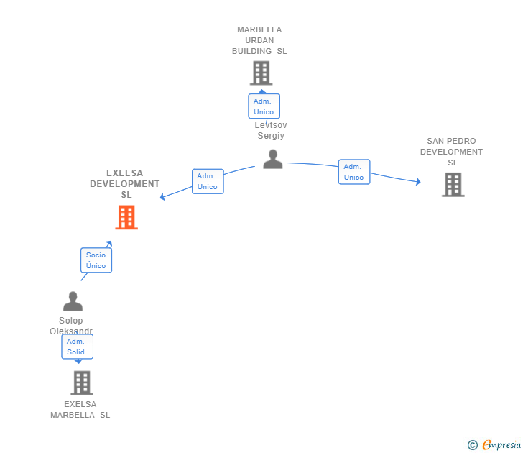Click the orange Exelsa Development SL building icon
click(x=126, y=217)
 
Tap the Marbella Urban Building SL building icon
click(x=261, y=73)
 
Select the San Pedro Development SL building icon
click(x=453, y=185)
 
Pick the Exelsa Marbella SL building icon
click(x=82, y=383)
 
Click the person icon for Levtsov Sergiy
click(x=273, y=159)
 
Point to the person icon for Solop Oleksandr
click(x=73, y=301)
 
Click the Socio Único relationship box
click(x=96, y=260)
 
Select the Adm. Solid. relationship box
click(x=77, y=347)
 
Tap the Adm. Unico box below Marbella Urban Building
click(x=264, y=106)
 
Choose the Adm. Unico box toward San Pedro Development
click(x=353, y=172)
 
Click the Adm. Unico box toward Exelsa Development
click(x=208, y=181)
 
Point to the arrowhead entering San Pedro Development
click(x=417, y=182)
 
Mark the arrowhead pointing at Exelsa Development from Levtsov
click(x=163, y=196)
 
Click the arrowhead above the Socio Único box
click(x=109, y=244)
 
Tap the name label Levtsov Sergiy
click(x=270, y=130)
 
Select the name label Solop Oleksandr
click(x=71, y=326)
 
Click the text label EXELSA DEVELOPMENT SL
click(x=125, y=184)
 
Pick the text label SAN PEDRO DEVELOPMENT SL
click(x=451, y=152)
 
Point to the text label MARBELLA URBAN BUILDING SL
click(x=259, y=40)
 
